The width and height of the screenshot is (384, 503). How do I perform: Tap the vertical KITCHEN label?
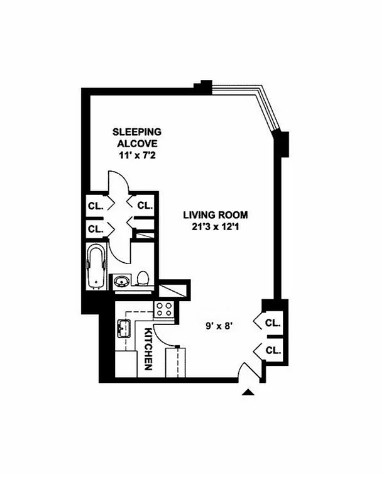coord(149,348)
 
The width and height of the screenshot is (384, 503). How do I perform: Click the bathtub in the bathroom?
coord(96,267)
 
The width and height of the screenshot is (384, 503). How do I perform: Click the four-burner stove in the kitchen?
coord(165,309)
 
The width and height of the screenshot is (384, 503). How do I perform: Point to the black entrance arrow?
coord(249,392)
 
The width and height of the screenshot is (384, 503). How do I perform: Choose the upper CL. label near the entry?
coord(273,323)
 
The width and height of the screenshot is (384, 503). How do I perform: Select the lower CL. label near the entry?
coord(273,350)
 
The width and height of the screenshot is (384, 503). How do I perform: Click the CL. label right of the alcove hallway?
coord(145,205)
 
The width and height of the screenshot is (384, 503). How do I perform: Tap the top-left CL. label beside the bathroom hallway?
coord(96,205)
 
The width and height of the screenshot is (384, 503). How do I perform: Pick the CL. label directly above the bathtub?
coord(96,228)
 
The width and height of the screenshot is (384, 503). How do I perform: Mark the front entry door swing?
coord(250,372)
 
